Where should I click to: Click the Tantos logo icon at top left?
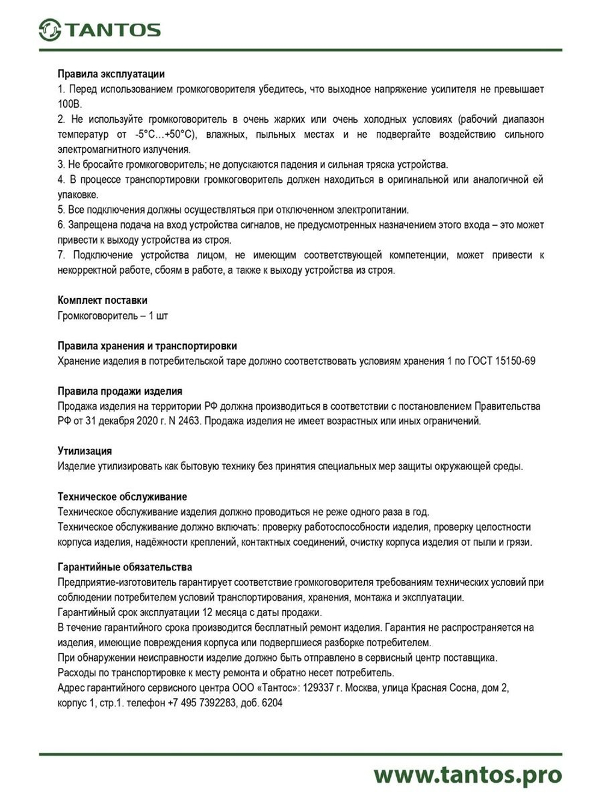click(x=50, y=29)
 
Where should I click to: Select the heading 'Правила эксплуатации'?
click(x=111, y=74)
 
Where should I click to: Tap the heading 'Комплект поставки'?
click(x=102, y=300)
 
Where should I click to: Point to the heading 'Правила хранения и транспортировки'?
click(x=147, y=346)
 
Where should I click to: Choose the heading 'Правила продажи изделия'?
click(x=120, y=391)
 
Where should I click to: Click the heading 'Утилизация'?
click(x=85, y=451)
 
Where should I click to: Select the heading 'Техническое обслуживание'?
click(x=122, y=497)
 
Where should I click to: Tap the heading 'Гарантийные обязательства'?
click(x=125, y=567)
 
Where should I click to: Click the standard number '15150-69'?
click(x=515, y=361)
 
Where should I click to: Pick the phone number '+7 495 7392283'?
click(x=202, y=703)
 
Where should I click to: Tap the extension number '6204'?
click(x=272, y=703)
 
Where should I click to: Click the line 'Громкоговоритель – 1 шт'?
click(x=113, y=316)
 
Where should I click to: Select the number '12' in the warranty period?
click(x=208, y=612)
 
